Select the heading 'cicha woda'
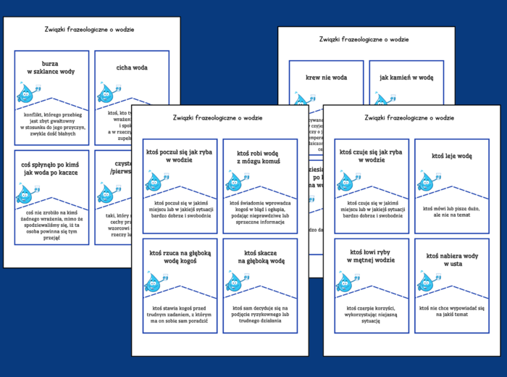coord(132,67)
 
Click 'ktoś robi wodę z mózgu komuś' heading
coord(259,158)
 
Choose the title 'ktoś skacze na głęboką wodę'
coord(259,257)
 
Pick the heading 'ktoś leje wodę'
coord(451,155)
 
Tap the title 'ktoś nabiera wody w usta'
coord(451,260)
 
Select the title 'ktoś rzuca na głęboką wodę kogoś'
coord(180,257)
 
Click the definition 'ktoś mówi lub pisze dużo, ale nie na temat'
coord(451,212)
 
